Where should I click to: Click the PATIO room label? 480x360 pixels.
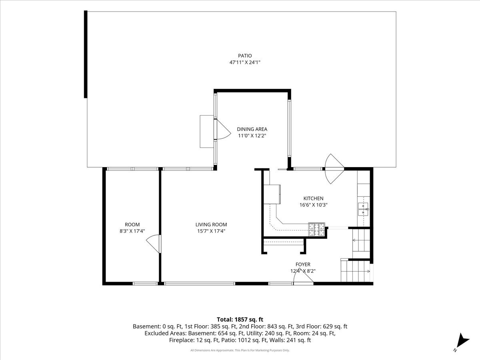point(245,56)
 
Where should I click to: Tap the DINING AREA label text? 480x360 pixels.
point(252,129)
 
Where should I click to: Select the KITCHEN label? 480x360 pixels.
point(313,198)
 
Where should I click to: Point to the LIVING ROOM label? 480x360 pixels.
point(211,224)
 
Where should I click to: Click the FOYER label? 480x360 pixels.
point(303,264)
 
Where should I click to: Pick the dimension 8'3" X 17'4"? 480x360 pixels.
point(132,231)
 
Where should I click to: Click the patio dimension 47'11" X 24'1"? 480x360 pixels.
point(245,62)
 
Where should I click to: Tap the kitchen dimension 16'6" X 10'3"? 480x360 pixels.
point(313,205)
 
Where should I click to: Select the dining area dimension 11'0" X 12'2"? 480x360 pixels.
point(252,136)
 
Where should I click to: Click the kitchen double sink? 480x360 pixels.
point(363,209)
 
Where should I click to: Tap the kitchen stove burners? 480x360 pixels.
point(316,229)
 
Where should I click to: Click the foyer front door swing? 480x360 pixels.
point(303,276)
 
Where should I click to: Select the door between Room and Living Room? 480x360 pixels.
point(154,244)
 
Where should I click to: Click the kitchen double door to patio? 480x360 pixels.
point(334,169)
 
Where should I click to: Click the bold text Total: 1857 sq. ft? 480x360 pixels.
point(240,320)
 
